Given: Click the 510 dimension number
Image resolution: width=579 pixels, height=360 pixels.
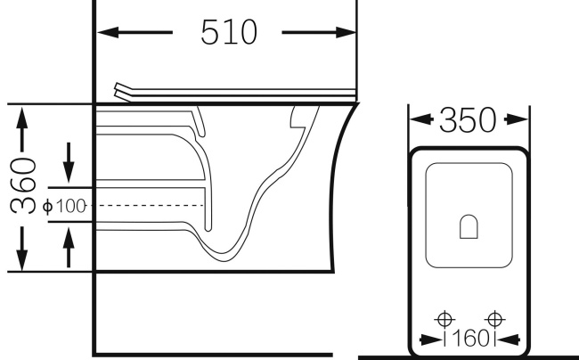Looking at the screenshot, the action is tap(229, 32).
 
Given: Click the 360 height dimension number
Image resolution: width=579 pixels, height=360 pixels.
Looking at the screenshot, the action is tap(23, 185).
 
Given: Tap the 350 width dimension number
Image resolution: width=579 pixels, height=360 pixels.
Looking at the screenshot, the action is tap(468, 119).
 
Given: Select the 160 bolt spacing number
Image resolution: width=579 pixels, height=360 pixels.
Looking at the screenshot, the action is tap(469, 339).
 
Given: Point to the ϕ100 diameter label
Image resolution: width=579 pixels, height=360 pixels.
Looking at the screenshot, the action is tap(64, 206).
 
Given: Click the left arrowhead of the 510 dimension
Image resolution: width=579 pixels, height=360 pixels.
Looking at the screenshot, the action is tap(108, 32).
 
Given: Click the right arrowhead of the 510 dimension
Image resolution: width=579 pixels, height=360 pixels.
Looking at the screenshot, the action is tap(346, 32).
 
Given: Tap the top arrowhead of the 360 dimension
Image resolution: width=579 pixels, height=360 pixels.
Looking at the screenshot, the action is tap(22, 118).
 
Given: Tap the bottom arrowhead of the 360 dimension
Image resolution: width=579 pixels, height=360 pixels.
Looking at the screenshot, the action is tap(22, 260).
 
